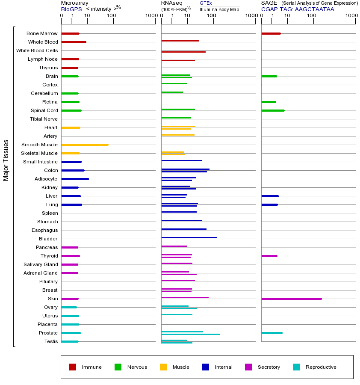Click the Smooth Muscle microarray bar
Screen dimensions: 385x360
[x=85, y=145]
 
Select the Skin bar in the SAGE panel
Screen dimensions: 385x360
[x=291, y=299]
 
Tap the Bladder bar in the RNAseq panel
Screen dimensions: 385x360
[x=189, y=237]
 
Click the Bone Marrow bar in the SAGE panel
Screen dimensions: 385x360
[x=271, y=33]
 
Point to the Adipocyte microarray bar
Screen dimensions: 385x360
[x=75, y=179]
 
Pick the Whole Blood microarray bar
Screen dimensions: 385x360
[x=74, y=42]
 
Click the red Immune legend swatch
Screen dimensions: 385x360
[x=73, y=367]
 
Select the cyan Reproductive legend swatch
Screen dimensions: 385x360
[x=296, y=367]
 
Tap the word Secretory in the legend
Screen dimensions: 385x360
[x=269, y=367]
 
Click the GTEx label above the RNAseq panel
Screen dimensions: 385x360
[x=206, y=3]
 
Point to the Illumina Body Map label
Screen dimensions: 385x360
[x=219, y=9]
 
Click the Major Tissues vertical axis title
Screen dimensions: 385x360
[x=6, y=160]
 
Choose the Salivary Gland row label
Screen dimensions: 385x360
[x=41, y=264]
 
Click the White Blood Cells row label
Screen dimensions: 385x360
[x=37, y=50]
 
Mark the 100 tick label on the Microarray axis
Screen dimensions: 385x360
[x=111, y=16]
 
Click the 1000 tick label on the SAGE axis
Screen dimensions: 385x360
[x=351, y=16]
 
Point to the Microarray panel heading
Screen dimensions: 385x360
[x=75, y=3]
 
